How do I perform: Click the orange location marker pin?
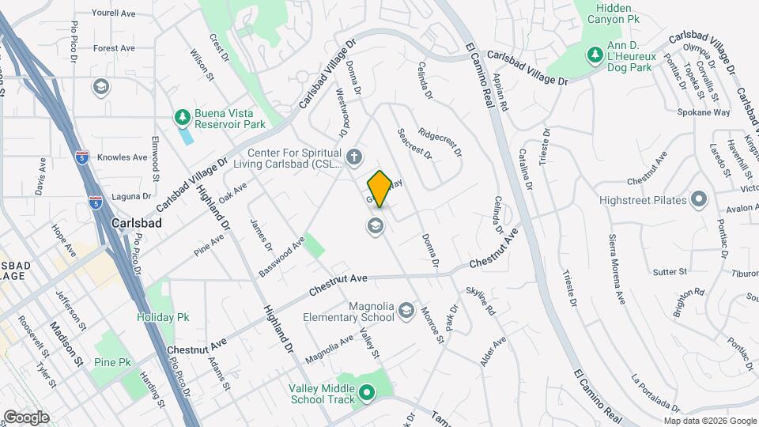[x=379, y=188]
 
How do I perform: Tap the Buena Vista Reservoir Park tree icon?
[x=183, y=117]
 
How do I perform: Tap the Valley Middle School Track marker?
[x=367, y=392]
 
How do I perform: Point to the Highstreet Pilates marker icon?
[x=698, y=198]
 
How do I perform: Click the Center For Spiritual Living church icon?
[x=355, y=156]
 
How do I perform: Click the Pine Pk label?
[x=112, y=362]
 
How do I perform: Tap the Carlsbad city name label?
[x=137, y=223]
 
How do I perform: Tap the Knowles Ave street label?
[x=123, y=157]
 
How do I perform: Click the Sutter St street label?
[x=670, y=272]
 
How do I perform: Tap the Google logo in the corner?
[x=27, y=417]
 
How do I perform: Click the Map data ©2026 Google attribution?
[x=709, y=421]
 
